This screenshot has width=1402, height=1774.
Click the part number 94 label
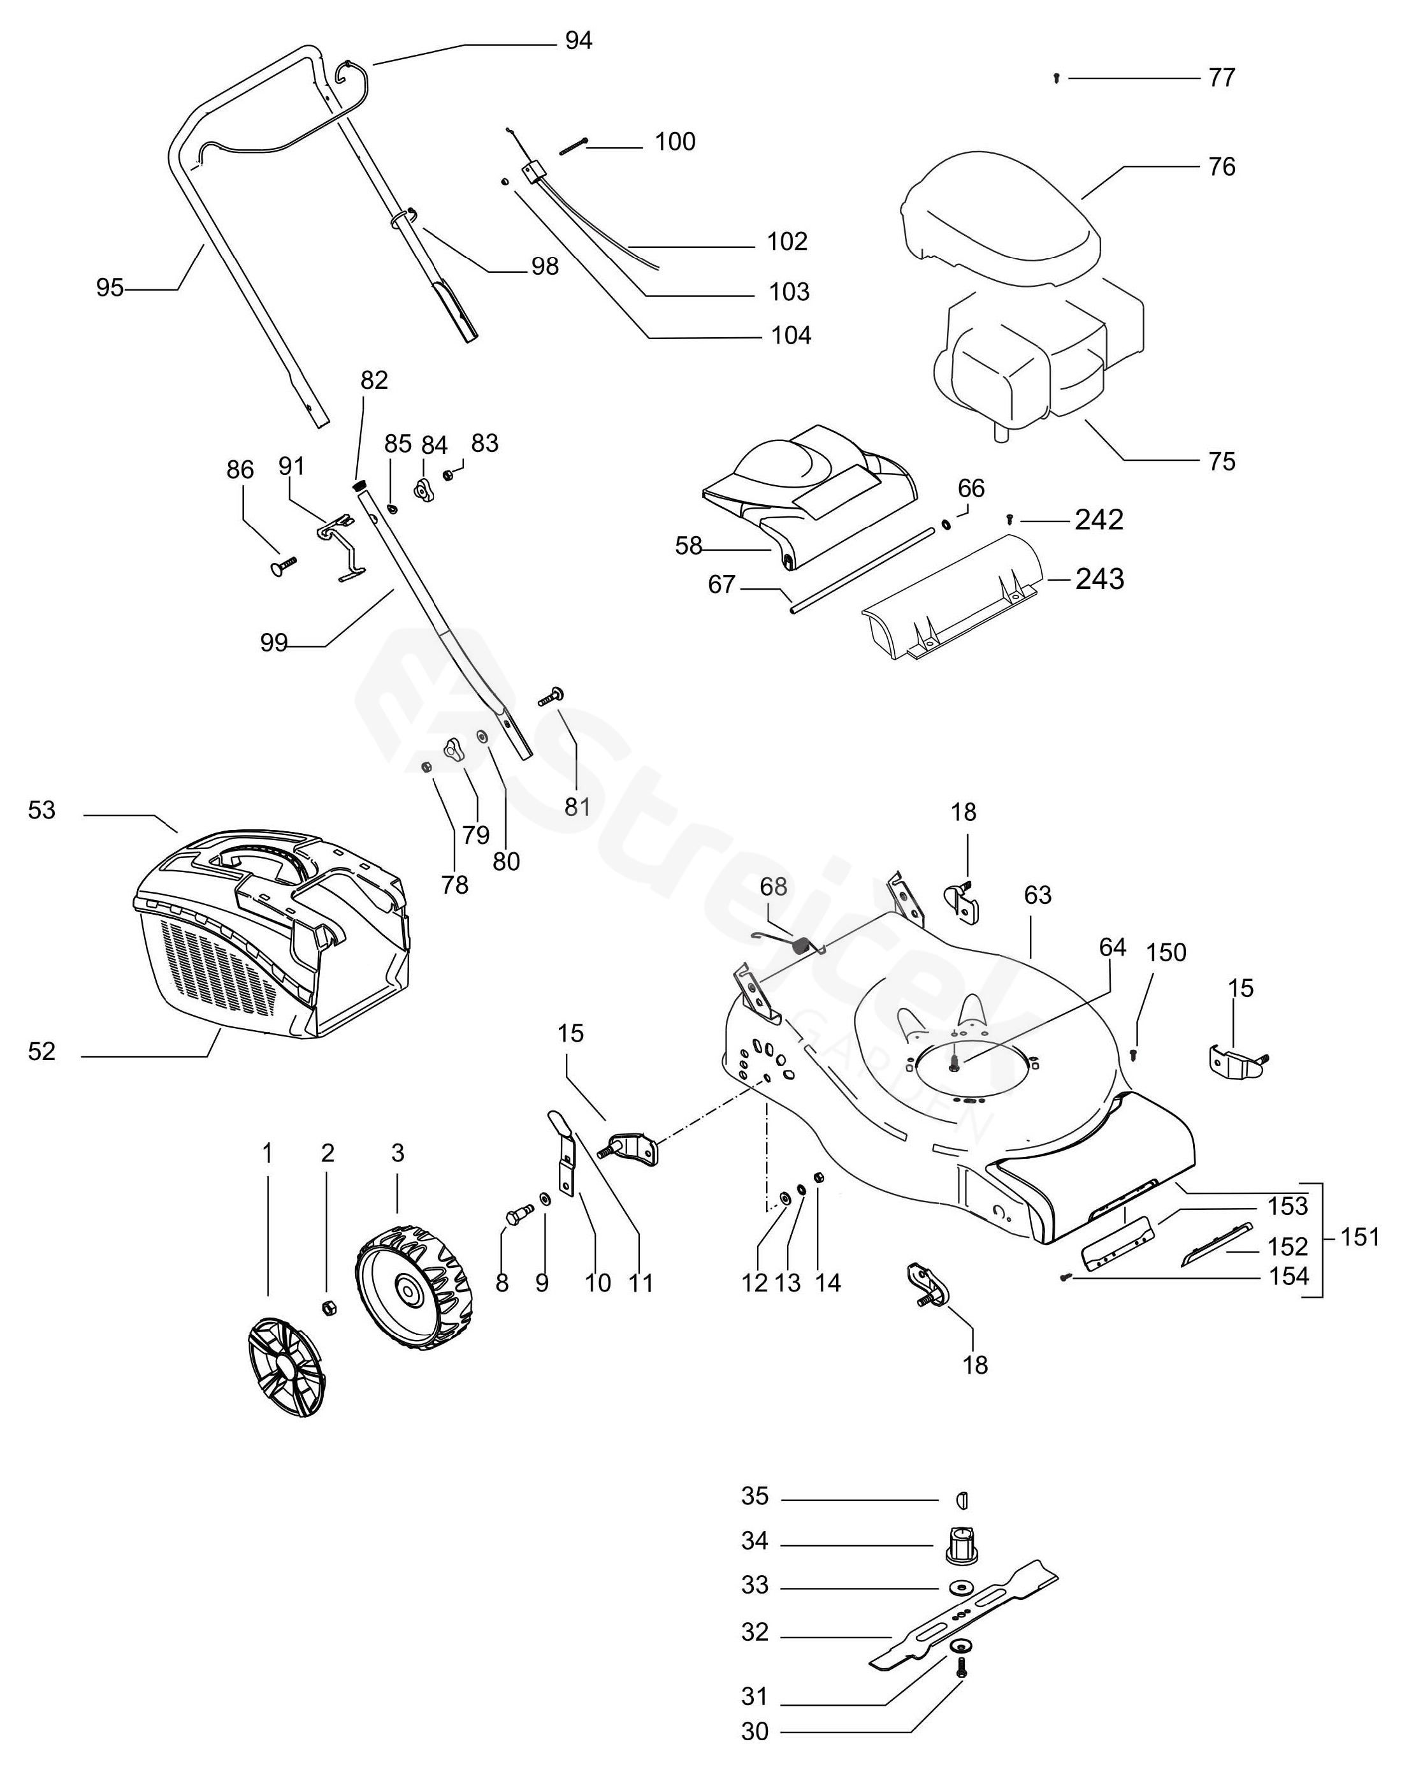tap(579, 41)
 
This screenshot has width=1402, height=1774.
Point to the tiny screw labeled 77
tap(1057, 79)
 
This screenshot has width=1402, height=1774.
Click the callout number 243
tap(1099, 579)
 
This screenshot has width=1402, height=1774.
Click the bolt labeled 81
tap(550, 698)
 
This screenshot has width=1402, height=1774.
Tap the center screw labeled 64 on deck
tap(955, 1063)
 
